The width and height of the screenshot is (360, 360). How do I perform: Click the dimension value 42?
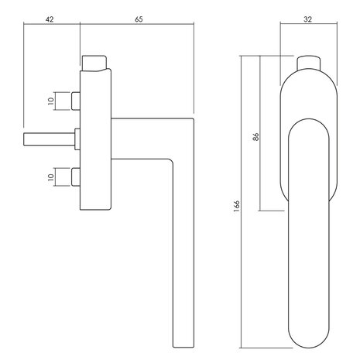click(x=50, y=19)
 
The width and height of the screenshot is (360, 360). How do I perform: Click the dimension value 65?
click(x=139, y=19)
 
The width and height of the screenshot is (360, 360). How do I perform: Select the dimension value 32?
click(x=307, y=19)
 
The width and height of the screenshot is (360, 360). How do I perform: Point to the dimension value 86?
click(x=255, y=136)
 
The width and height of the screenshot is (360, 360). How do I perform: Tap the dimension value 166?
click(x=236, y=206)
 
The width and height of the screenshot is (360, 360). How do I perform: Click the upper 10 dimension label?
click(x=51, y=101)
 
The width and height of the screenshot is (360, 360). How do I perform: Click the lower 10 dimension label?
click(x=51, y=177)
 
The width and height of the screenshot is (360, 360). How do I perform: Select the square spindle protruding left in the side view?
click(x=49, y=139)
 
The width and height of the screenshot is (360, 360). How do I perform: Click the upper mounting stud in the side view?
click(x=76, y=101)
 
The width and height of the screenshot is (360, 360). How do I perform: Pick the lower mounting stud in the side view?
click(x=76, y=177)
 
